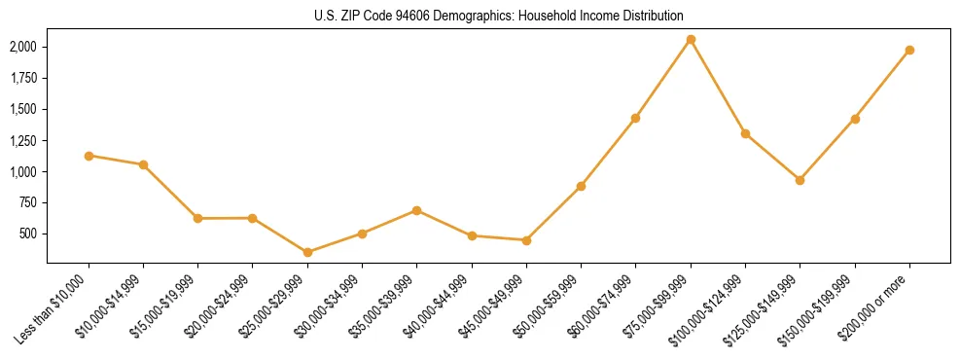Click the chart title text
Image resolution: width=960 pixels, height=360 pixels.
tap(499, 17)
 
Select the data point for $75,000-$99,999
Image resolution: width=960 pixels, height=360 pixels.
tap(691, 40)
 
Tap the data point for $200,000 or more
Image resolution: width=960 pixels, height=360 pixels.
tap(909, 50)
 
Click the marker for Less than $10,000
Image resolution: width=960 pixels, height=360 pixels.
tap(89, 156)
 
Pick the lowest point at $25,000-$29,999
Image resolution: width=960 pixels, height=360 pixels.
tap(307, 252)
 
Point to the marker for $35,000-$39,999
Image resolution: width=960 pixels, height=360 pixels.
tap(417, 210)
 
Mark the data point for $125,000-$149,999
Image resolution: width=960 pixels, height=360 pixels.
tap(800, 180)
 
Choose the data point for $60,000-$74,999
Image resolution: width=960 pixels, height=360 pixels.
tap(635, 118)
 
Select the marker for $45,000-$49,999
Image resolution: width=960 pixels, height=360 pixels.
tap(526, 240)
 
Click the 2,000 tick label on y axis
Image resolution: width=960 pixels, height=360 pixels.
tap(23, 47)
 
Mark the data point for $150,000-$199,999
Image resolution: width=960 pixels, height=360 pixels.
tap(855, 119)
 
